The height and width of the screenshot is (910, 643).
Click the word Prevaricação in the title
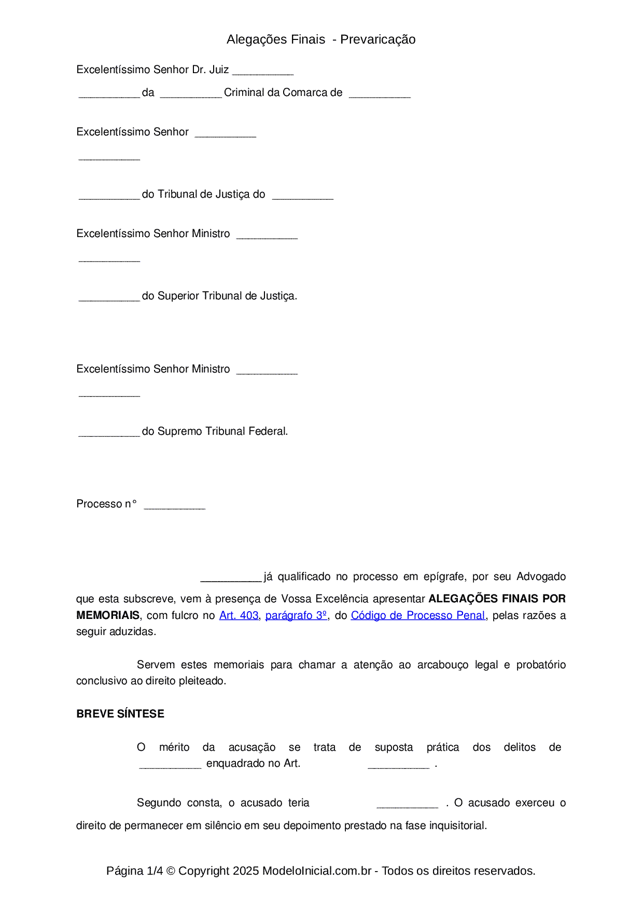pos(378,39)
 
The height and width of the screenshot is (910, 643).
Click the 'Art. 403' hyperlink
pos(239,615)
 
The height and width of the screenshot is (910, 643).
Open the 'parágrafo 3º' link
pos(296,615)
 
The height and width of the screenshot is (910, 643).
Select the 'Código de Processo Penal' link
pos(418,615)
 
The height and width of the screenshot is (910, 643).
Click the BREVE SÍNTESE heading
pos(120,714)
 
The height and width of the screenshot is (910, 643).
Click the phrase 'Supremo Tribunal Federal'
pos(222,431)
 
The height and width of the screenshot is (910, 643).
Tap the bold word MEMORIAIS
pos(108,615)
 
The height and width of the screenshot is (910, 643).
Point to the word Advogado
pos(541,576)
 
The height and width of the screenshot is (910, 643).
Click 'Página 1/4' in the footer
pos(135,871)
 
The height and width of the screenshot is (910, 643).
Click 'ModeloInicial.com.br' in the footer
pos(317,871)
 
